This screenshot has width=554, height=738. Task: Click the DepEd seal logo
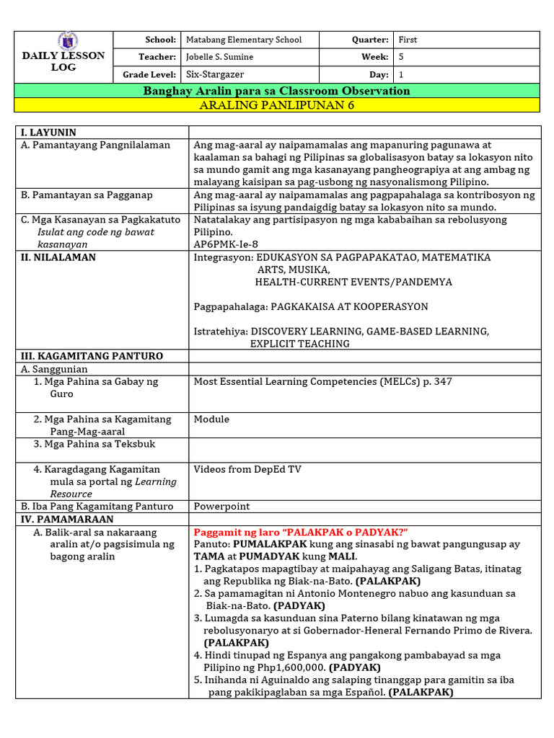[x=68, y=41]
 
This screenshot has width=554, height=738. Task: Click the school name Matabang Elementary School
[x=244, y=40]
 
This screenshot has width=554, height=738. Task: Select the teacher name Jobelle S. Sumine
[x=220, y=57]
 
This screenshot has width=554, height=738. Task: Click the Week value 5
[x=400, y=57]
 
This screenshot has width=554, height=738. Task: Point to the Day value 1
[x=400, y=74]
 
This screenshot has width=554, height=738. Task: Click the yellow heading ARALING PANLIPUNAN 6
[x=277, y=105]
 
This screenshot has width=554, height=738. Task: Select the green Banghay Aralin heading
[x=277, y=91]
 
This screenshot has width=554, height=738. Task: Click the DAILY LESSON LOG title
[x=63, y=61]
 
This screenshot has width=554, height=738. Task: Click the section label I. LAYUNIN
[x=48, y=132]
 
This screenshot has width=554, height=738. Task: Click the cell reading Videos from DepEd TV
[x=247, y=469]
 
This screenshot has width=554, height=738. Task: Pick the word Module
[x=211, y=419]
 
